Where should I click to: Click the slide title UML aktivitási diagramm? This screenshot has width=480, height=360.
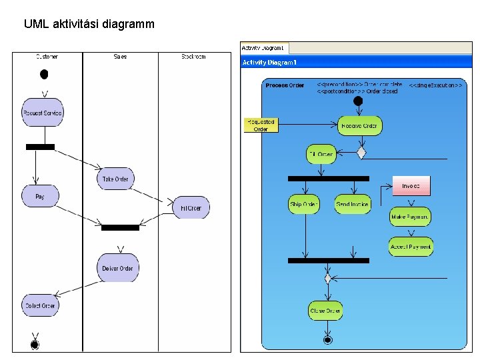(x=89, y=24)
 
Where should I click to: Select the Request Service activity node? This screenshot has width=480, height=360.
(x=42, y=113)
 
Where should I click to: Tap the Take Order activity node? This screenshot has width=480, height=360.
(x=115, y=179)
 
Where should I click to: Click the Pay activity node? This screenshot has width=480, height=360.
(x=40, y=197)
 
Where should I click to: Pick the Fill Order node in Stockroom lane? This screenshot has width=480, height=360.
(x=190, y=208)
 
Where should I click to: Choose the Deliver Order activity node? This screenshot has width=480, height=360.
(x=118, y=268)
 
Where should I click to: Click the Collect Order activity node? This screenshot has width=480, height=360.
(x=40, y=305)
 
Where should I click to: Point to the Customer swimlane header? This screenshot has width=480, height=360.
(x=47, y=57)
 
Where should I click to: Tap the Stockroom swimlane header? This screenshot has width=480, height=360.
(x=193, y=57)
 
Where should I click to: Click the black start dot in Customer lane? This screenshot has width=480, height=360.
(x=44, y=73)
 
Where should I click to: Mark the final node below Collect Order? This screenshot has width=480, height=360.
(x=35, y=344)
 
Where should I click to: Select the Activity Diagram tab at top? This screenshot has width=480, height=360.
(x=263, y=48)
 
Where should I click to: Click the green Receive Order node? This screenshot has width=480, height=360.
(x=359, y=125)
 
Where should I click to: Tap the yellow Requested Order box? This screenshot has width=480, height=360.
(x=261, y=125)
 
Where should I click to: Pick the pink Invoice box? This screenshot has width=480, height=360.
(x=411, y=186)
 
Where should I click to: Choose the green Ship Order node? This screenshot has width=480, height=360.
(x=304, y=204)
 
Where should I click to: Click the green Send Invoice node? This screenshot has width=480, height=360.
(x=352, y=204)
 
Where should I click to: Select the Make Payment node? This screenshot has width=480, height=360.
(x=410, y=217)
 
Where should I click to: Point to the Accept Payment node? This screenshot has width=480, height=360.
(x=411, y=247)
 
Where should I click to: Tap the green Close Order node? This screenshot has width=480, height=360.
(x=326, y=311)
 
